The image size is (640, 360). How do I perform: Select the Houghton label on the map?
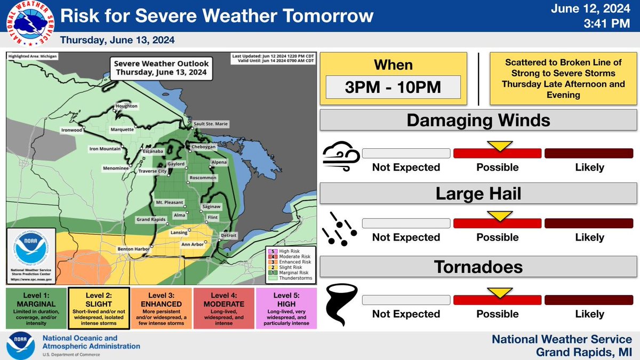127,106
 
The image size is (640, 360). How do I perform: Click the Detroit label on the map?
228,235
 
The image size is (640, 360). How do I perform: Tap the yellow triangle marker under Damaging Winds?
499,146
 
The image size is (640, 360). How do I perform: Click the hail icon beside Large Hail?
338,230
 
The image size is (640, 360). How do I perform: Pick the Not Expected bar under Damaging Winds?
406,153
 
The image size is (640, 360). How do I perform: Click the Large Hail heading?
478,193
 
